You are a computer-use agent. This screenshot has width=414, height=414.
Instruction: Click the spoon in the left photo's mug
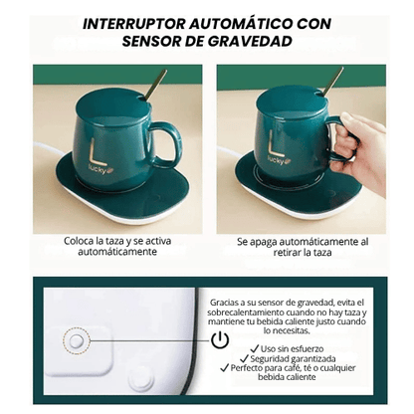154,82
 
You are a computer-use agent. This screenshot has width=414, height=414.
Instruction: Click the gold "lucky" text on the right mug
276,159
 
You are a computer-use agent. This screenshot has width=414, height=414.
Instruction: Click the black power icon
220,340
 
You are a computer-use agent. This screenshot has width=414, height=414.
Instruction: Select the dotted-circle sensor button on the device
75,340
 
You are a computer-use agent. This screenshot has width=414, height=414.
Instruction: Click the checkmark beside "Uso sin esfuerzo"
254,348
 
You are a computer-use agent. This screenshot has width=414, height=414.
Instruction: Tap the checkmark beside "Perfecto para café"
226,368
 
